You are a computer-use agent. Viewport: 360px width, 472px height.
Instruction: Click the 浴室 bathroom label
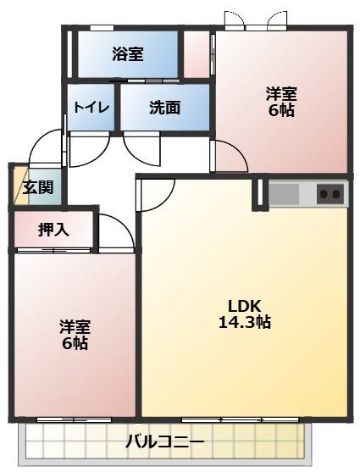click(x=128, y=54)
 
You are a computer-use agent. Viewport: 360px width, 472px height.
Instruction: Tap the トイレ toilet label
click(x=91, y=108)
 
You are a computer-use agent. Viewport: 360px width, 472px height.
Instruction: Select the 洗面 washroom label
click(x=165, y=107)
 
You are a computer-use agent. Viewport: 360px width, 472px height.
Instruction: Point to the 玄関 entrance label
click(x=38, y=187)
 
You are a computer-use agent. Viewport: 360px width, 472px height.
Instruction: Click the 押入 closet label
click(x=53, y=230)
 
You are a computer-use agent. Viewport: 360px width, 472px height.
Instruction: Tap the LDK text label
click(x=244, y=307)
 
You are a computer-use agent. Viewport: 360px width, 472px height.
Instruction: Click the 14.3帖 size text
click(x=244, y=322)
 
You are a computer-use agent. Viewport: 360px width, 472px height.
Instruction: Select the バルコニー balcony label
click(x=165, y=441)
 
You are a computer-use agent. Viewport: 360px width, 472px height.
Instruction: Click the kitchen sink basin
click(x=284, y=193)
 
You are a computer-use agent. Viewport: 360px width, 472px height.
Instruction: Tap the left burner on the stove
click(x=324, y=194)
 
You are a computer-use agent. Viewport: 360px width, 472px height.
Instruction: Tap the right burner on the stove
click(x=336, y=194)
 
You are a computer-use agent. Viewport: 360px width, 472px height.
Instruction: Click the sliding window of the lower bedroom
click(x=74, y=419)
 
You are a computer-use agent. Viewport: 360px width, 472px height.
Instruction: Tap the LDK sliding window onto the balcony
click(x=241, y=419)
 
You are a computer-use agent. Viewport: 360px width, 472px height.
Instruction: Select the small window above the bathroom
click(x=102, y=28)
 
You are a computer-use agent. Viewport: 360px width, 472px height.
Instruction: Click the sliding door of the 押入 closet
click(x=54, y=251)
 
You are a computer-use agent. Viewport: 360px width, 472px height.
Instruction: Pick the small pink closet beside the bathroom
click(x=197, y=54)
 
